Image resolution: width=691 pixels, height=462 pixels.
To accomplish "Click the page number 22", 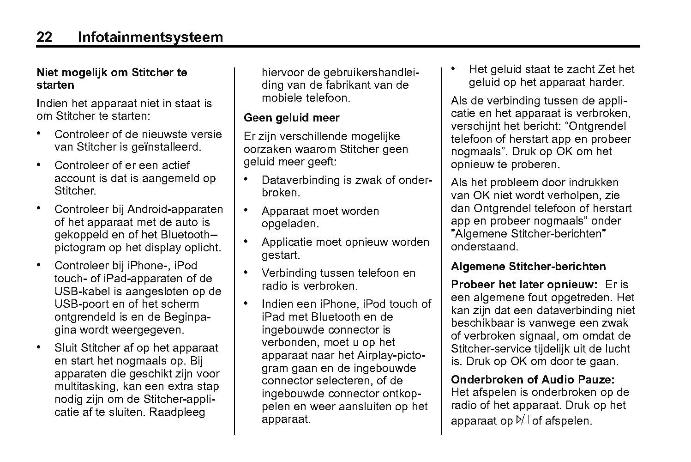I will [x=44, y=37].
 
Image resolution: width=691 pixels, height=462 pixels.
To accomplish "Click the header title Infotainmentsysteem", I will [x=150, y=37].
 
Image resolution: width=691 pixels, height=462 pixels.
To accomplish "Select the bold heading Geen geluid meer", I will [x=291, y=118].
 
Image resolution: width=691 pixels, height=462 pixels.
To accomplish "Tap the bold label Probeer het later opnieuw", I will [x=524, y=285].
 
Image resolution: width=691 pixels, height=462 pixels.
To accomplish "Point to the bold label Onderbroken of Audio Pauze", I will [x=533, y=380].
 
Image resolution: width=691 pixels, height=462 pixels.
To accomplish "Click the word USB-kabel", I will [x=76, y=292].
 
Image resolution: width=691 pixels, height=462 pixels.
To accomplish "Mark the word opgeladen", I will [x=290, y=224].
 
